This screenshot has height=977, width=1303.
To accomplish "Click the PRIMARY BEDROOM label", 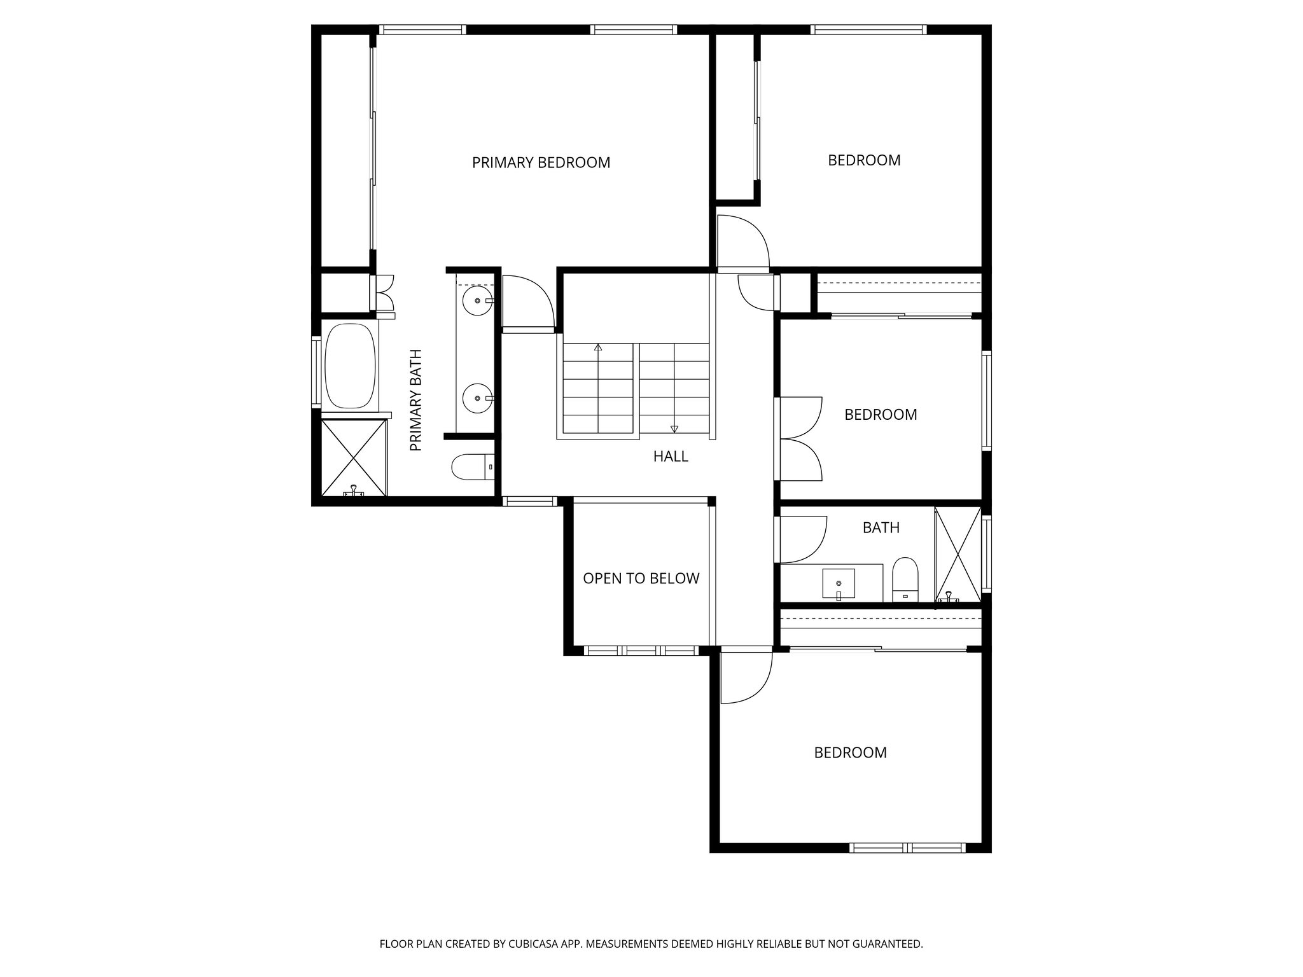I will tap(541, 163).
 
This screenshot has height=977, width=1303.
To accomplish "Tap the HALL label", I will tap(671, 456).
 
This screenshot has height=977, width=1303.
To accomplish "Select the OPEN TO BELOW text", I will tap(641, 578).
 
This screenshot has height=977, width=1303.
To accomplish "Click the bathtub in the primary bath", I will tap(349, 367).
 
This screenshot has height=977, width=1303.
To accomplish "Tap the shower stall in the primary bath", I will tap(353, 457).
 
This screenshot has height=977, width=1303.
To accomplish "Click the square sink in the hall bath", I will tap(838, 583).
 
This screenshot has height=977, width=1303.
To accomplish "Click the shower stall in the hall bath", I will tap(958, 554).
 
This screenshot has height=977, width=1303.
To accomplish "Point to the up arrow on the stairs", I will tap(598, 348).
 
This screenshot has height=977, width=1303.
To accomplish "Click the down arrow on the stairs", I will tap(674, 428).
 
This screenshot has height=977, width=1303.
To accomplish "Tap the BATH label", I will tap(881, 527).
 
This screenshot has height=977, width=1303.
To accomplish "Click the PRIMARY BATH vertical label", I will tap(416, 400).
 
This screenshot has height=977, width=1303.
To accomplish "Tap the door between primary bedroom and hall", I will tap(527, 303).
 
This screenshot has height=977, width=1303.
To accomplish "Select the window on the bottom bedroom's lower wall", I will tap(907, 847).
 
